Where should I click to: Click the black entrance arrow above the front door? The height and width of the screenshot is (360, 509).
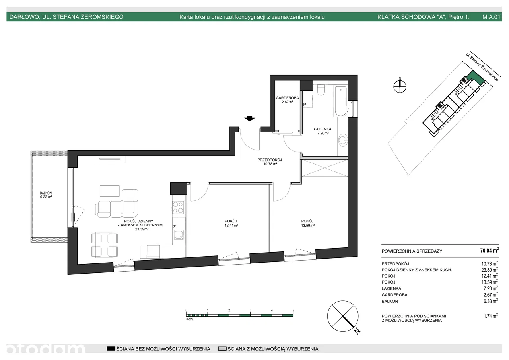point(249,119)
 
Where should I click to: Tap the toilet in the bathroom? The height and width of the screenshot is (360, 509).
point(321,90)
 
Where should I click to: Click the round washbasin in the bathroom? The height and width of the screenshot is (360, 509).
point(343,140)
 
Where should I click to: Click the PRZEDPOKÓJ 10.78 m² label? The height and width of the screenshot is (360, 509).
point(270,162)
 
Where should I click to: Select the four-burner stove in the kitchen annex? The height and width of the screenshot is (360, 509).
point(178,207)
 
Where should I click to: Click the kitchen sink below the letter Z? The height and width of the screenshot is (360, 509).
point(179,235)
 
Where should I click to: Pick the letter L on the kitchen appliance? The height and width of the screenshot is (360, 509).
point(149,254)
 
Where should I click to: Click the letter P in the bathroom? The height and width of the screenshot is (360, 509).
point(305,105)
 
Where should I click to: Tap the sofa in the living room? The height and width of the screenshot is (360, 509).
point(117,203)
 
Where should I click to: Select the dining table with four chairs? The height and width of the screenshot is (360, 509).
point(105,245)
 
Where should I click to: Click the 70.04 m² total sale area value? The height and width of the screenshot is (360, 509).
point(489,250)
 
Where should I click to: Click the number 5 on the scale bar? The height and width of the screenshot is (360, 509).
point(293,310)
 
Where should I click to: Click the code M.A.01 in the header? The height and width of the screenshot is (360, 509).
point(491,17)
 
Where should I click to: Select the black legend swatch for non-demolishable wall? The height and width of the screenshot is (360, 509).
point(111,348)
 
